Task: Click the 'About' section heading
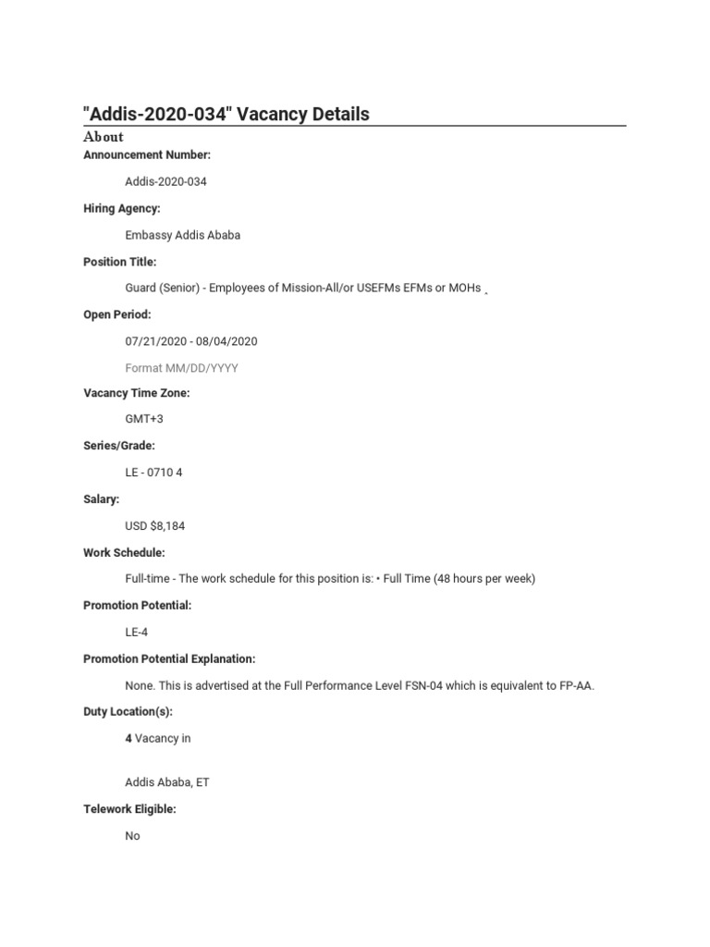(103, 137)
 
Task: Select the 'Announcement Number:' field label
(147, 154)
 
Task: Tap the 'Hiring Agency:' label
(121, 208)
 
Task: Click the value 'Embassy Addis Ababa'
(182, 235)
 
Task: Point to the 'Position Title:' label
(120, 262)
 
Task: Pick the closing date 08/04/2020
(226, 341)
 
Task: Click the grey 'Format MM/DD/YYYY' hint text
(181, 368)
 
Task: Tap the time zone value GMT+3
(144, 419)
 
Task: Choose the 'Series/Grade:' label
(119, 446)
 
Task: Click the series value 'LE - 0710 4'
(154, 473)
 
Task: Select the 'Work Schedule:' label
(124, 552)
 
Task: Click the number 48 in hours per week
(447, 579)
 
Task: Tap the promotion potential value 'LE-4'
(136, 633)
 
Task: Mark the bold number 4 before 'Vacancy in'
(129, 738)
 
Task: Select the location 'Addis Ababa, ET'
(167, 782)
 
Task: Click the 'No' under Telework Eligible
(133, 836)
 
